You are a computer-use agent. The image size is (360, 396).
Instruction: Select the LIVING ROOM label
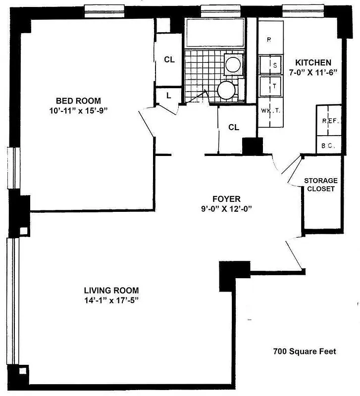(x=111, y=290)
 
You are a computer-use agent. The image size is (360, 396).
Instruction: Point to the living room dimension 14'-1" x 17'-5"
(x=111, y=300)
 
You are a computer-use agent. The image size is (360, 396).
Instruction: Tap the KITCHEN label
(x=313, y=63)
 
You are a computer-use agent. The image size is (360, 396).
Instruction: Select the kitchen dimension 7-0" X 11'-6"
(x=313, y=72)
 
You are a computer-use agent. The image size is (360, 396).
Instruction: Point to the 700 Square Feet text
(x=305, y=352)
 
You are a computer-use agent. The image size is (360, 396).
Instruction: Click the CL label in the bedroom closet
(x=169, y=59)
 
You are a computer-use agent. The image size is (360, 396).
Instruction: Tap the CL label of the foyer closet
(x=234, y=127)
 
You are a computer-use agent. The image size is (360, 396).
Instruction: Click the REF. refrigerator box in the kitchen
(x=329, y=120)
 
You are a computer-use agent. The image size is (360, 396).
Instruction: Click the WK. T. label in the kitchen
(x=270, y=111)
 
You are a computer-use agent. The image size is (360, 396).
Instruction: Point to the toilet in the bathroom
(x=226, y=91)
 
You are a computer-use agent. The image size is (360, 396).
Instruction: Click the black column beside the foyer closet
(x=252, y=146)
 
